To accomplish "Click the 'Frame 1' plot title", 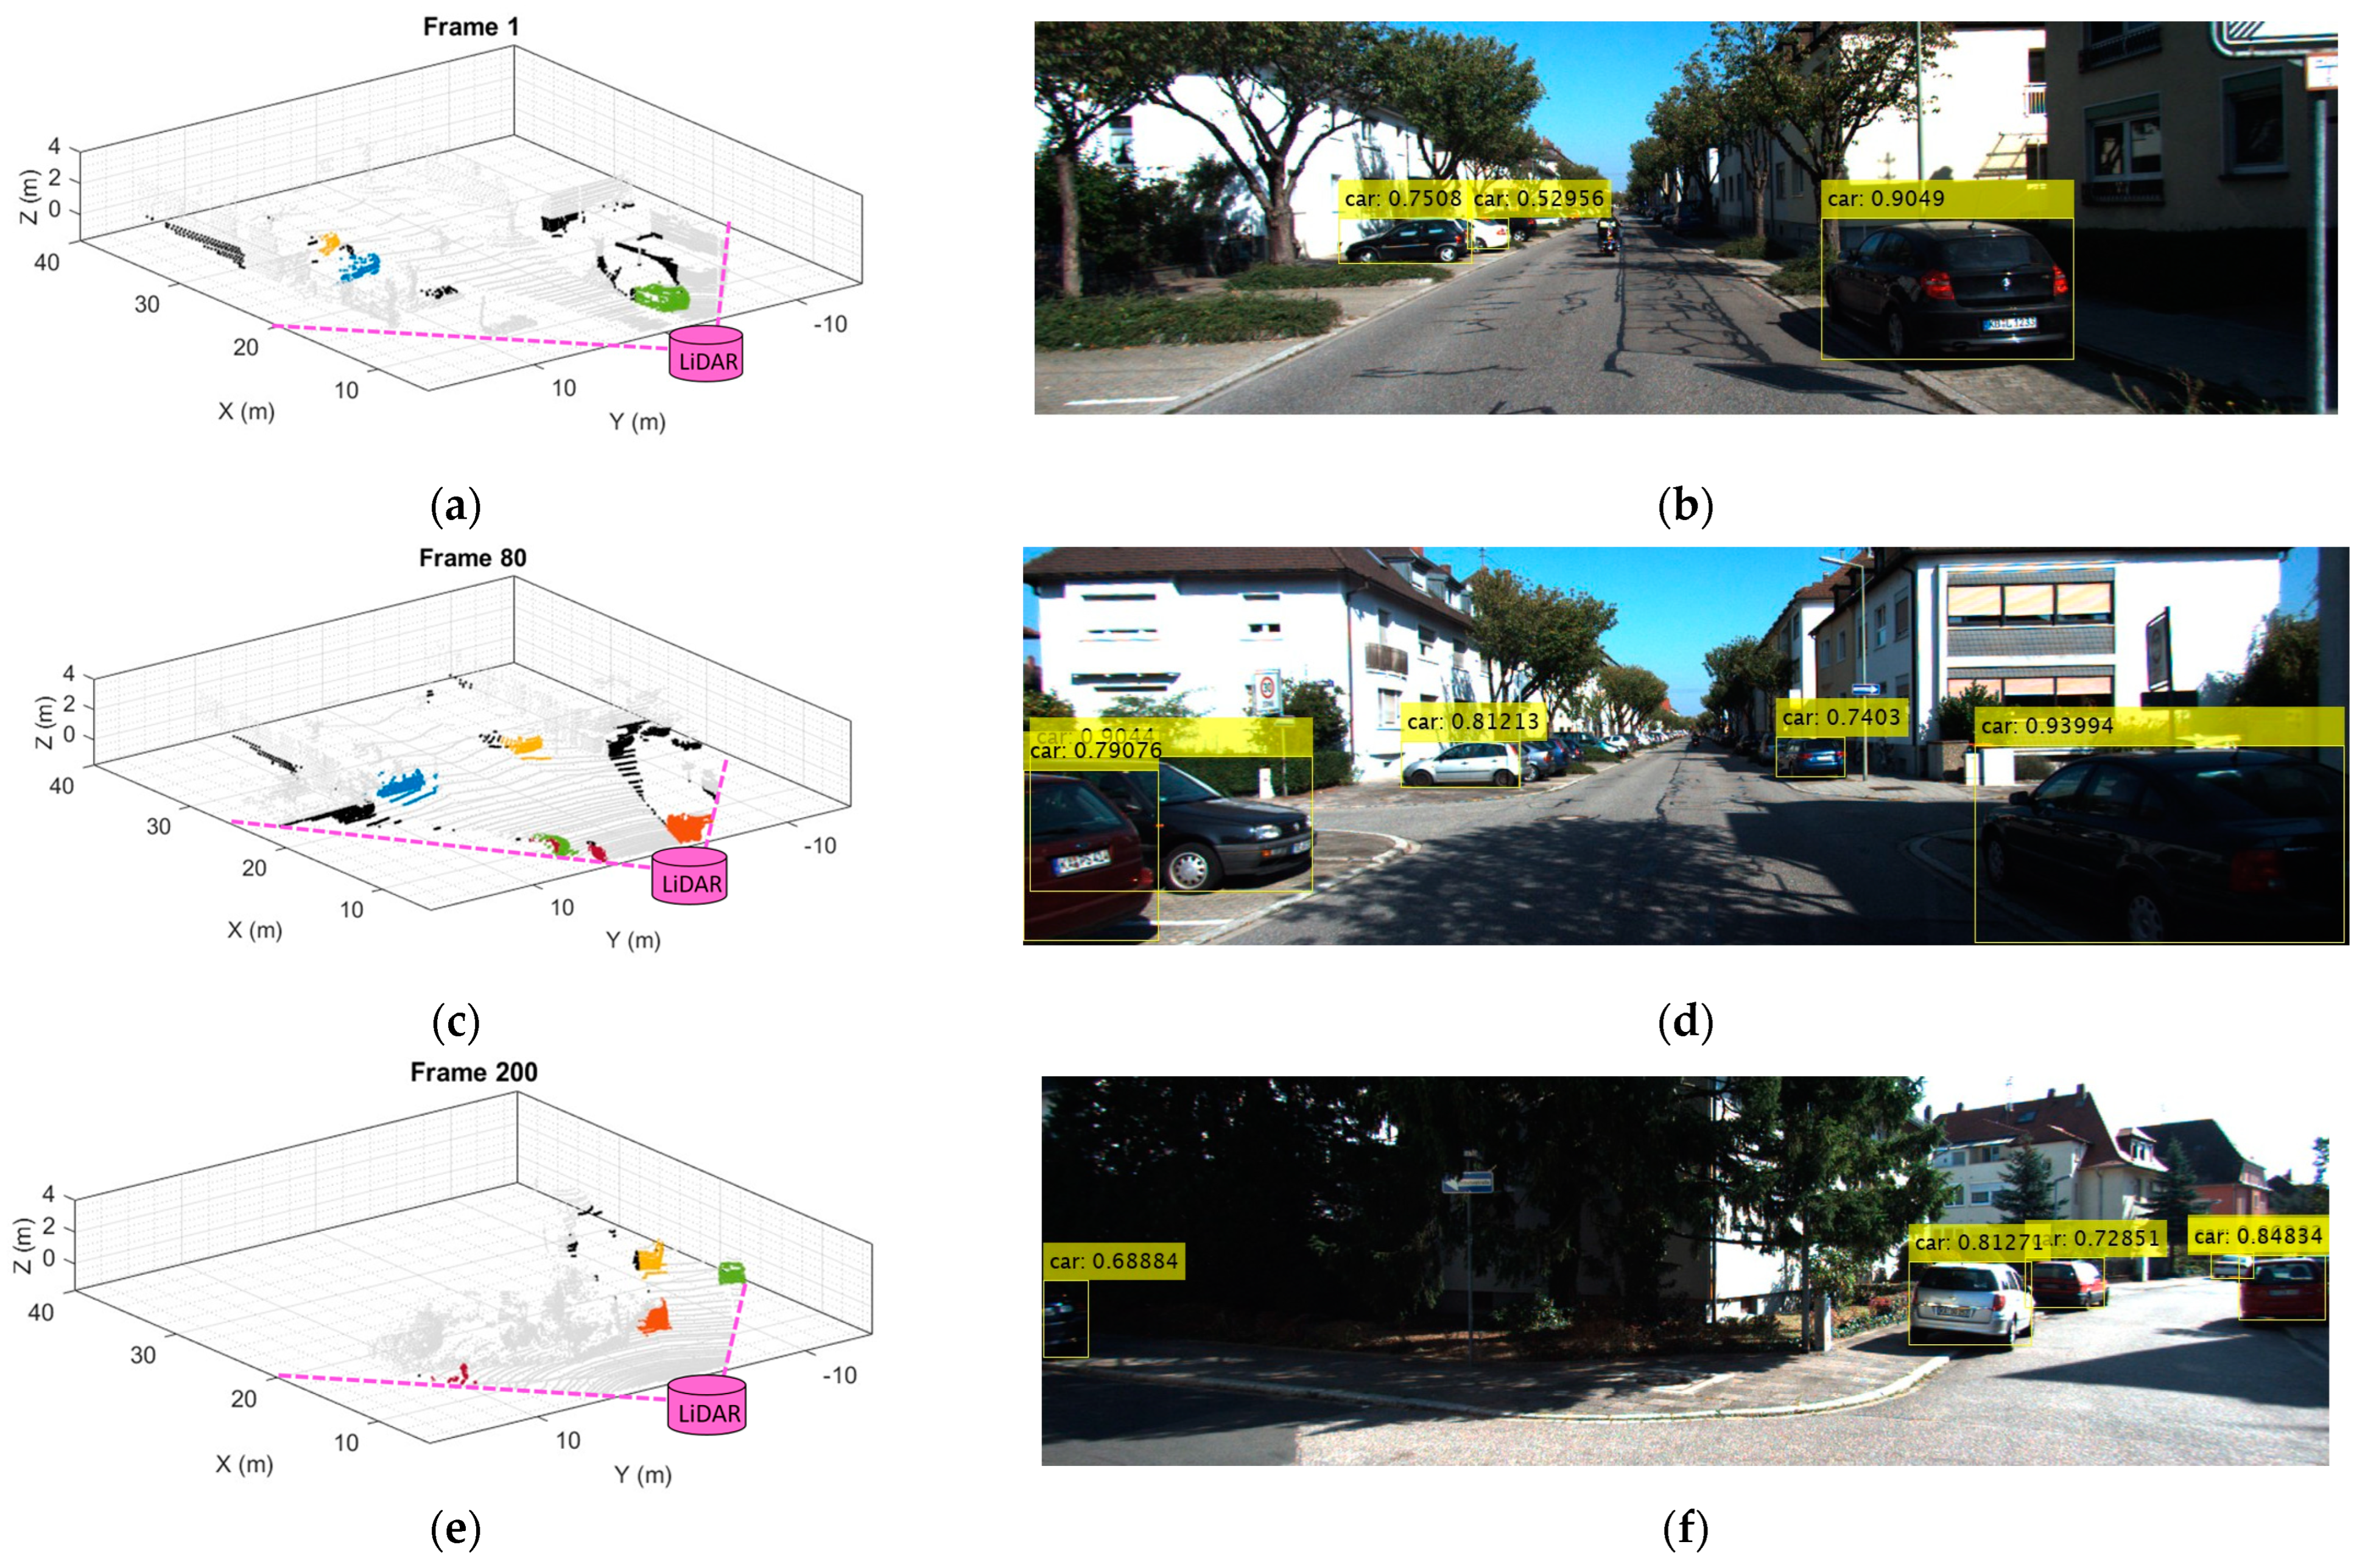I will (471, 27).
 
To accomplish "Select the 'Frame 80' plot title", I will (472, 558).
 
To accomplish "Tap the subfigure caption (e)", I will (456, 1529).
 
